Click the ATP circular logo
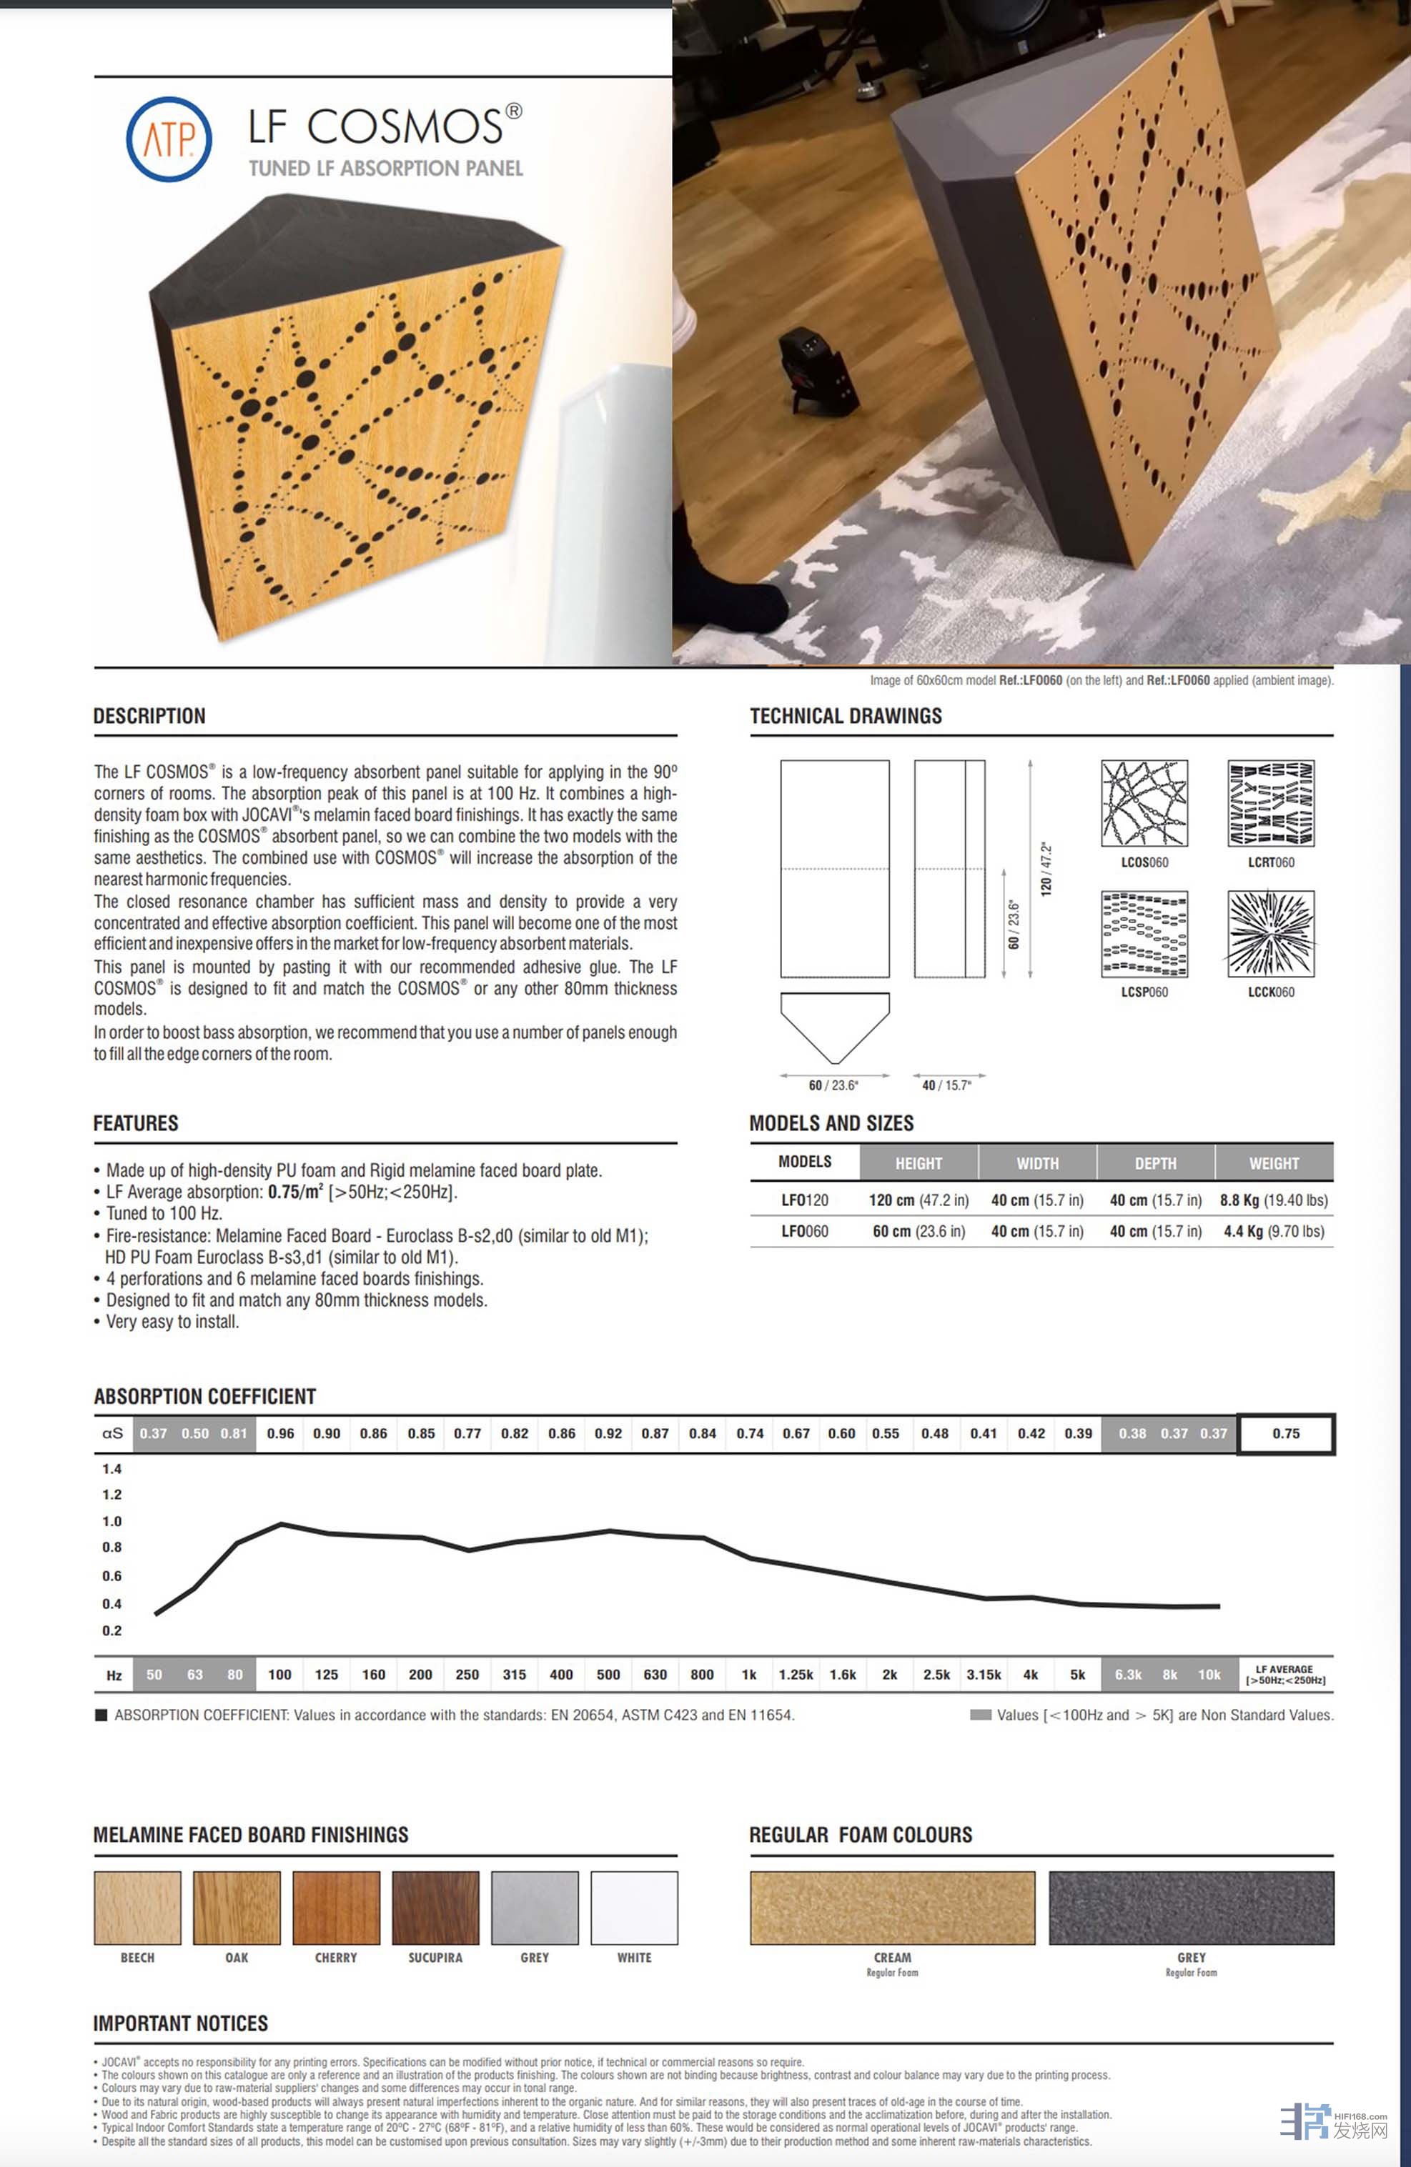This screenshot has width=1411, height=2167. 169,139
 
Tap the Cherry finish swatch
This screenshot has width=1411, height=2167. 336,1908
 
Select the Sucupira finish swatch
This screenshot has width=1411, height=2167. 435,1908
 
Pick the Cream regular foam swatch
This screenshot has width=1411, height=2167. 892,1908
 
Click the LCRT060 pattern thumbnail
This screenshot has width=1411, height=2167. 1271,804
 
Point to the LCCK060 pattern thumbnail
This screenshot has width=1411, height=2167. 1271,933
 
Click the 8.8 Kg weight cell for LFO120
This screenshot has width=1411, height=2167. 1274,1200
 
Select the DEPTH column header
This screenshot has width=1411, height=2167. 1155,1162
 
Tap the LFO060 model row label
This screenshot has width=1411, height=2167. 804,1231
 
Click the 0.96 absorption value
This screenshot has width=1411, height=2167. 281,1433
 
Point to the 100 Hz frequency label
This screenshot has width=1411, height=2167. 279,1675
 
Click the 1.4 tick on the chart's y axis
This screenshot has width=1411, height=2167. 112,1469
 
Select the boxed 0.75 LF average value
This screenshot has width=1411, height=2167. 1285,1433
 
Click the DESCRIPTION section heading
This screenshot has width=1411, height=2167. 149,716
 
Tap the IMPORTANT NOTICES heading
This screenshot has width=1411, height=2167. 180,2023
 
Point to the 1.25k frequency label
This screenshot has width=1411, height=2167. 796,1675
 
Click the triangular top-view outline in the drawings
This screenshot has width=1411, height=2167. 834,1025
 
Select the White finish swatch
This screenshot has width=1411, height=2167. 634,1908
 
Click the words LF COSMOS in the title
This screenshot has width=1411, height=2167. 375,126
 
